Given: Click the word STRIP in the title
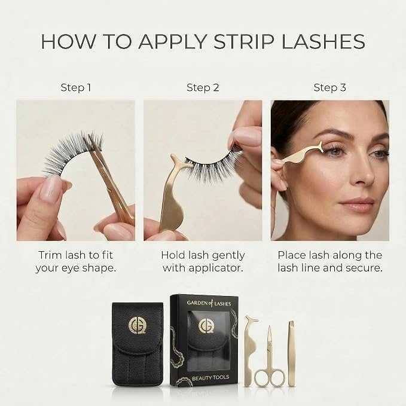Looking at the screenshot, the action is (244, 41).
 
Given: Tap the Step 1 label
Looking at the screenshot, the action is (76, 87).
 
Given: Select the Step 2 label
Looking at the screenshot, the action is (203, 87).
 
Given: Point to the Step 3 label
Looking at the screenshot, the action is (329, 87).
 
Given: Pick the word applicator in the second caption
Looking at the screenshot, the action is (216, 268).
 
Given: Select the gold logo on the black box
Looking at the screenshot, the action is (207, 326).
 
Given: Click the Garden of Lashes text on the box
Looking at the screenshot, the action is (209, 303).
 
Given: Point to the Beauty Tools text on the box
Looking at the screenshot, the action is (210, 378).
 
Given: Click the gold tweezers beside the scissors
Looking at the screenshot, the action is (292, 354).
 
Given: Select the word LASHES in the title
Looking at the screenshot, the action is (323, 41).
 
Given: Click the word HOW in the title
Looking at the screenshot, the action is (68, 41).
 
